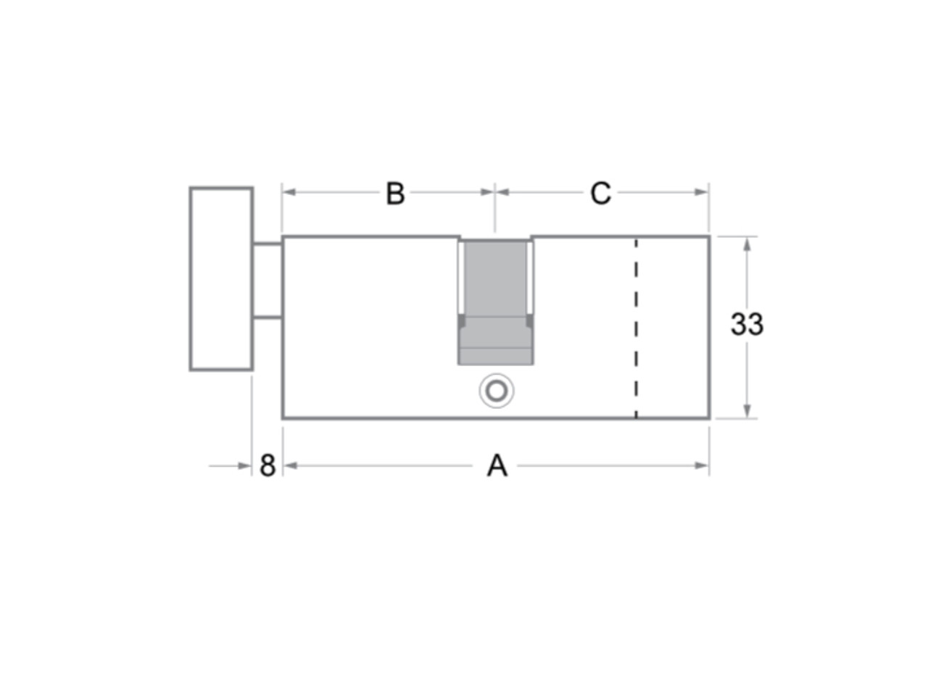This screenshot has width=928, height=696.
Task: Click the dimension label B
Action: pos(395,194)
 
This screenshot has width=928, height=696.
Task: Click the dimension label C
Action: pos(600,194)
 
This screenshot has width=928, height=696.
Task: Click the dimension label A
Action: pos(497,465)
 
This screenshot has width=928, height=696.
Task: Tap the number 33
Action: pos(747,324)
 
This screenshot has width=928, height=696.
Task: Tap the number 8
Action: pos(268,465)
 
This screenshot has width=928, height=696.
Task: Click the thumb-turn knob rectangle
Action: pos(221,278)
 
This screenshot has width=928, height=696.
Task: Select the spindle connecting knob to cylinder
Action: pos(268,281)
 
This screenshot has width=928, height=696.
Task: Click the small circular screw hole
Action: pos(497,391)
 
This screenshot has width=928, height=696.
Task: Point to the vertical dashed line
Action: pos(636,328)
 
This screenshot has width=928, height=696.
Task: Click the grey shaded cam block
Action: pos(495,302)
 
